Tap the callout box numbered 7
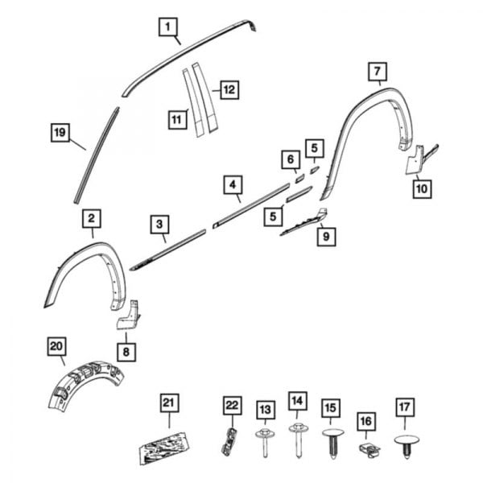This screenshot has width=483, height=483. click(376, 72)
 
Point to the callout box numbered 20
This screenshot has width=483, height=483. click(56, 347)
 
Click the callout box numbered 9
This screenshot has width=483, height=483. click(326, 237)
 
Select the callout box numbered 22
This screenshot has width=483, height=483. click(232, 404)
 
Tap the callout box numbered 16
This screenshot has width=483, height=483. click(366, 420)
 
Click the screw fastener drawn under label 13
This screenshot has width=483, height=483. click(265, 443)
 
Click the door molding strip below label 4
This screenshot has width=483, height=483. click(250, 205)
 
